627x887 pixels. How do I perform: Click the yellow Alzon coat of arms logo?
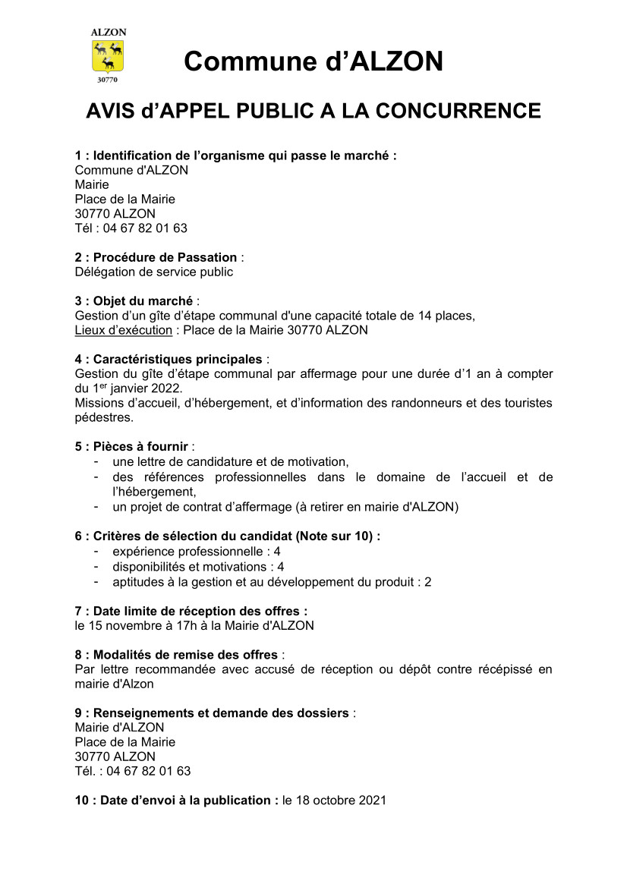pyautogui.click(x=108, y=55)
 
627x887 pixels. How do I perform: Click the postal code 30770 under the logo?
pyautogui.click(x=108, y=78)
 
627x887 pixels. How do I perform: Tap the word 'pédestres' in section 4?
pyautogui.click(x=104, y=417)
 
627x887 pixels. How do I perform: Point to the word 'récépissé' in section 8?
pyautogui.click(x=499, y=669)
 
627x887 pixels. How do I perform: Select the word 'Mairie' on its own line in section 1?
pyautogui.click(x=92, y=184)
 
